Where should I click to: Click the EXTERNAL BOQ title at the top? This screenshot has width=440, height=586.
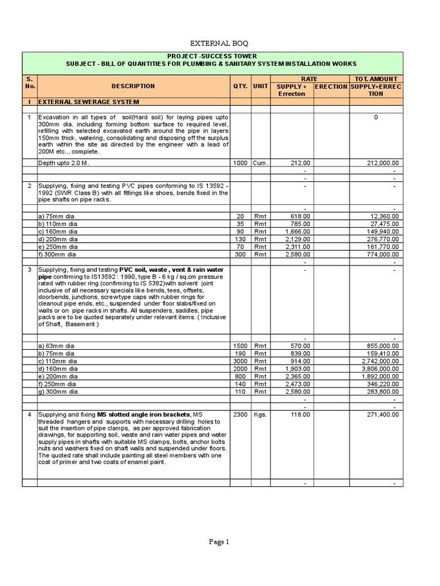tap(221, 43)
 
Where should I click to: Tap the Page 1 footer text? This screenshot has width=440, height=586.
tap(219, 542)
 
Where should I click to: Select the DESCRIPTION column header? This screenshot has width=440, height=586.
tap(133, 86)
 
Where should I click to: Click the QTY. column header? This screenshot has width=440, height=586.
tap(240, 86)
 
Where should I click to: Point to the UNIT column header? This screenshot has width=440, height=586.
tap(261, 86)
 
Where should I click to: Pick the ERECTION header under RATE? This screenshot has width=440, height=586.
tap(331, 86)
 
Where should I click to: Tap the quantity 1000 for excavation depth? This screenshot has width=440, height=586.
tap(239, 163)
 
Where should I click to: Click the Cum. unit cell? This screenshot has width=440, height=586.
tap(261, 163)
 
